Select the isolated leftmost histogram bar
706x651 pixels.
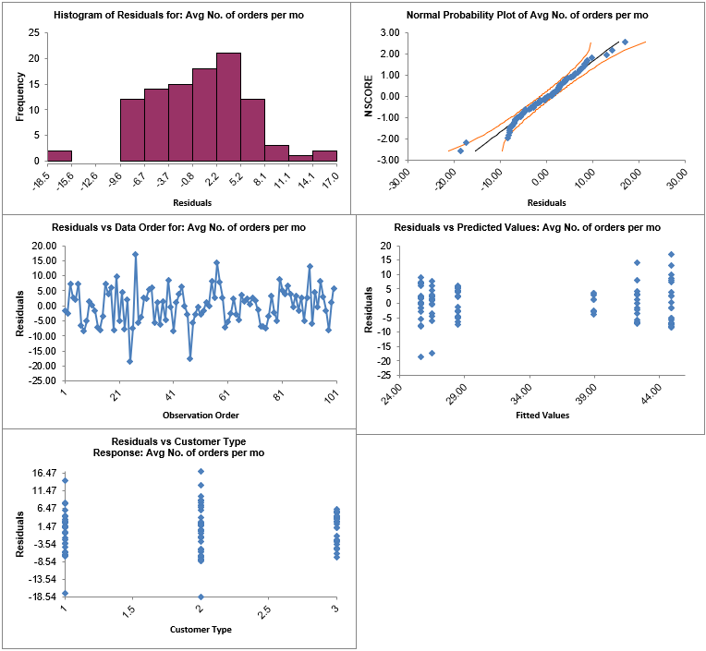pos(60,155)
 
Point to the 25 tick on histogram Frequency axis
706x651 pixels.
pos(34,32)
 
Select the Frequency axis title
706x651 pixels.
pos(19,98)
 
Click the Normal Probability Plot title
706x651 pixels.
pos(527,16)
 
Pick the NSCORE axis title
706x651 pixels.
pos(369,96)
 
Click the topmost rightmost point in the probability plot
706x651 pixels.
pos(625,42)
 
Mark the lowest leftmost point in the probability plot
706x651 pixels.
pos(460,151)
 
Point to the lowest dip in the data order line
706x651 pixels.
pos(130,361)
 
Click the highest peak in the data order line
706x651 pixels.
pos(135,254)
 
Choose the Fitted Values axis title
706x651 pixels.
pos(542,415)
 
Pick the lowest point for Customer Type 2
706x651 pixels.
pos(201,597)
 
